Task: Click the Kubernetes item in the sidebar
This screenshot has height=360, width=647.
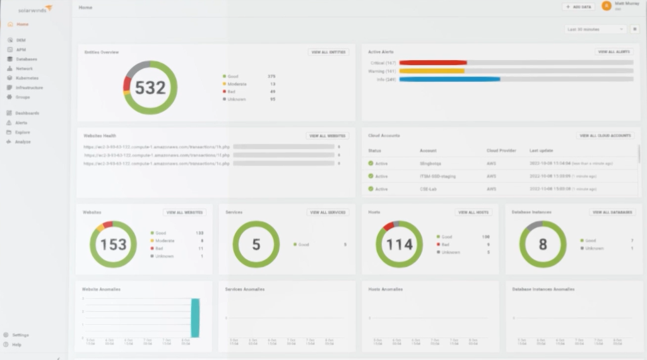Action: [x=27, y=78]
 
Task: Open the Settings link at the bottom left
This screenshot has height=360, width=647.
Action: [x=20, y=335]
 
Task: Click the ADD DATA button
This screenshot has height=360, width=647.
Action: [x=578, y=7]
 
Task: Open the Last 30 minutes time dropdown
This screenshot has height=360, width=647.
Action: [x=595, y=29]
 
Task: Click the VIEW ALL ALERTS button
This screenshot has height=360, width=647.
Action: [x=614, y=52]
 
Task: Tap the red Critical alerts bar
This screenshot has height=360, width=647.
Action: [x=433, y=63]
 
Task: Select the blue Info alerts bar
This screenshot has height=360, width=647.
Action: [x=449, y=79]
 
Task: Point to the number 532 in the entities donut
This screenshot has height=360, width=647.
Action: [x=150, y=88]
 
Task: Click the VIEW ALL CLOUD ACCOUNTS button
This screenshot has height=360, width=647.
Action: [x=605, y=135]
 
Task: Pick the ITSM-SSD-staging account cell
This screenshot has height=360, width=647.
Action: [x=437, y=176]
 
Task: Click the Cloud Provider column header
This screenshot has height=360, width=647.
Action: [x=501, y=151]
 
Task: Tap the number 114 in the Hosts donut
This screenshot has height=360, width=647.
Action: [x=399, y=244]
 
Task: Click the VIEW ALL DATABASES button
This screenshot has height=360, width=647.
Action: [x=612, y=212]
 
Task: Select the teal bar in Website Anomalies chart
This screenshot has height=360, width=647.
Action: [x=196, y=318]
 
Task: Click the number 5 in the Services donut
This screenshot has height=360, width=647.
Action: [x=256, y=244]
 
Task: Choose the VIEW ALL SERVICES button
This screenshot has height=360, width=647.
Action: [x=328, y=212]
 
